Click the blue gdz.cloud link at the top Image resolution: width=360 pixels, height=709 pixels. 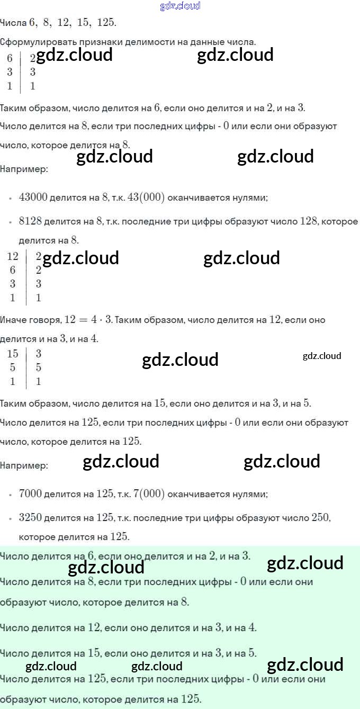[180, 6]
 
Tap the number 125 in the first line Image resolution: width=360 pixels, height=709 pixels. [106, 23]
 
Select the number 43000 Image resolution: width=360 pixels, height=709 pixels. [33, 198]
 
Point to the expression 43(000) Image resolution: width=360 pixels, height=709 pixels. [147, 198]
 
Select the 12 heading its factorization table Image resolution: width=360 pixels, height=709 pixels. [13, 257]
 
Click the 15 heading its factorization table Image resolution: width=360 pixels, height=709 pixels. [13, 354]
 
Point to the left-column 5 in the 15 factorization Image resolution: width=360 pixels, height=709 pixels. [13, 367]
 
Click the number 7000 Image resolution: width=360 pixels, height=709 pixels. [30, 494]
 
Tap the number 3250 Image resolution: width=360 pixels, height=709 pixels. [30, 517]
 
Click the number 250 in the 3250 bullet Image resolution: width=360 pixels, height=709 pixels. [320, 517]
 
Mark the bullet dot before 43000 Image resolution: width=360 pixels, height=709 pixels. [10, 199]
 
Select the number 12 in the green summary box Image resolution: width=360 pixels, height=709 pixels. [94, 627]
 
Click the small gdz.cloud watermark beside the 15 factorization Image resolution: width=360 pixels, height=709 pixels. [322, 356]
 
